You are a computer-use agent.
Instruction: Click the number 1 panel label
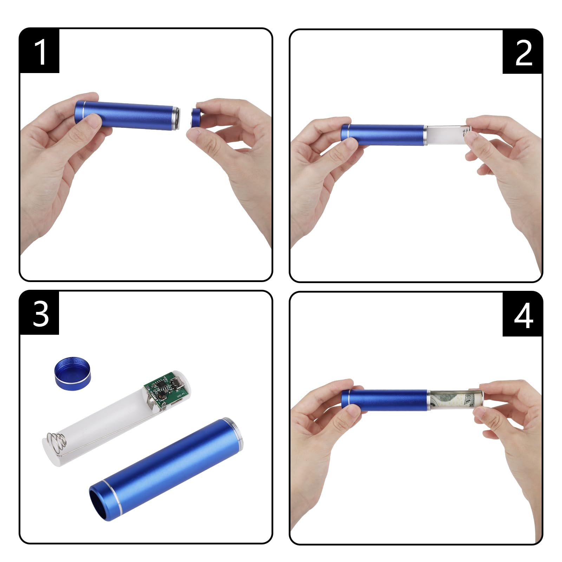pyautogui.click(x=40, y=51)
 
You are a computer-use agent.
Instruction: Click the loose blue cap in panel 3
pyautogui.click(x=73, y=373)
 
